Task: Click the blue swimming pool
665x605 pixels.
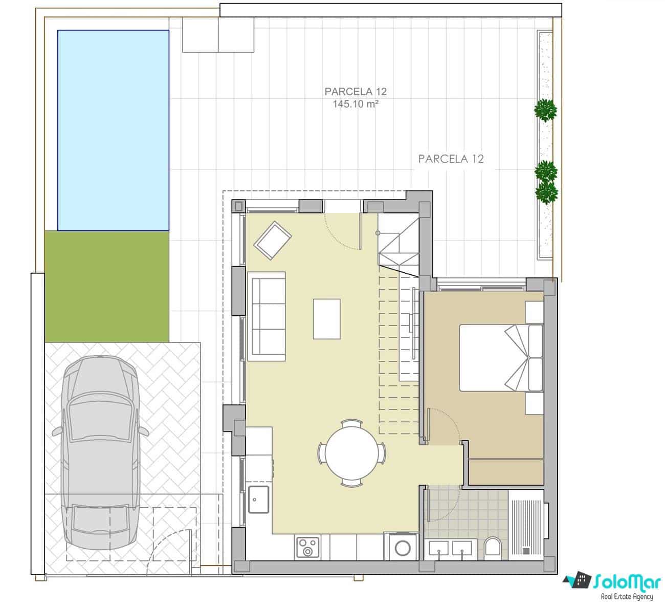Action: pyautogui.click(x=113, y=129)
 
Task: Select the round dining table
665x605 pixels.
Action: pyautogui.click(x=351, y=453)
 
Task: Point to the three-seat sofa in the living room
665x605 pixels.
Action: pyautogui.click(x=267, y=316)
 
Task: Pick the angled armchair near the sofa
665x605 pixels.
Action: pyautogui.click(x=273, y=240)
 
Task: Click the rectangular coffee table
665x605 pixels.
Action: pyautogui.click(x=327, y=319)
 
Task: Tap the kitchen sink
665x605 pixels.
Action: pyautogui.click(x=259, y=499)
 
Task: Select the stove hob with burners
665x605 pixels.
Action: pyautogui.click(x=308, y=547)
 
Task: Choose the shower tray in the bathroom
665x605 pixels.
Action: pyautogui.click(x=526, y=523)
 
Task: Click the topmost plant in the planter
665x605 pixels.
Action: pyautogui.click(x=545, y=110)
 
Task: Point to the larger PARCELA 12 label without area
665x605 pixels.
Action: pyautogui.click(x=451, y=159)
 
